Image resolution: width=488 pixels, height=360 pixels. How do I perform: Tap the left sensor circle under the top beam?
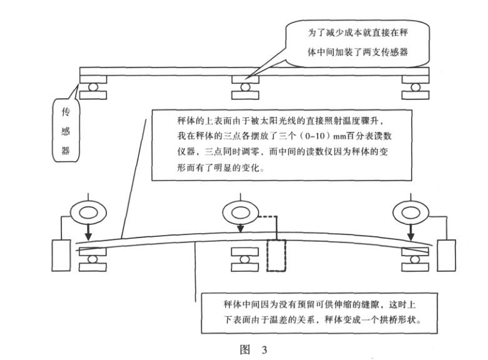93,86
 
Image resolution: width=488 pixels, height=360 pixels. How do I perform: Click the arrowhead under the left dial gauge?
88,236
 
